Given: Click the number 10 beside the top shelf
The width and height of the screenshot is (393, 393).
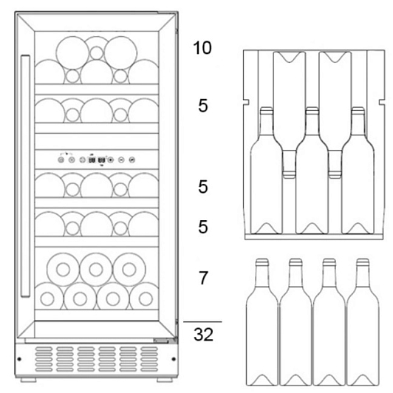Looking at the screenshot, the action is (x=202, y=47).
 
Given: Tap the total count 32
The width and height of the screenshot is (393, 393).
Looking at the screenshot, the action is (x=203, y=334).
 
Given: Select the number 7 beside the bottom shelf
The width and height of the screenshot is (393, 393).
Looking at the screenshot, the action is (x=203, y=278).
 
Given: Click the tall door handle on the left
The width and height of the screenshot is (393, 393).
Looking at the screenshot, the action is (x=25, y=176).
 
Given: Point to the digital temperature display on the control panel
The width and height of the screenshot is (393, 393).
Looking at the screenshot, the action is (x=97, y=160).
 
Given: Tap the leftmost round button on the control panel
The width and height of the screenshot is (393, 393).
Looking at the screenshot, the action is (x=61, y=160).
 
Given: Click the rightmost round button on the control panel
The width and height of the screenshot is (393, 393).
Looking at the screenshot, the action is (x=131, y=160).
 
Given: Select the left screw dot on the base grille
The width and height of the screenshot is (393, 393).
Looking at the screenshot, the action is (x=19, y=359).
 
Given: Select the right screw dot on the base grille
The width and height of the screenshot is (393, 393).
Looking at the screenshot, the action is (x=174, y=359).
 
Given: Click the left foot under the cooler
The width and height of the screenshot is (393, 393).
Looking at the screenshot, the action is (x=28, y=380).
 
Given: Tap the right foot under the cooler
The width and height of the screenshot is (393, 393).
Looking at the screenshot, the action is (x=165, y=380).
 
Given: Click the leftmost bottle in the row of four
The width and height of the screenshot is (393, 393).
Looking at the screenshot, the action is (x=262, y=322).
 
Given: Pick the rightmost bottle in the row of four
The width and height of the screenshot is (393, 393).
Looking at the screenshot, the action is (x=363, y=322).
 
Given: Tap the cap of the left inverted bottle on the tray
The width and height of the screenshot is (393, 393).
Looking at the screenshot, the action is (x=289, y=174).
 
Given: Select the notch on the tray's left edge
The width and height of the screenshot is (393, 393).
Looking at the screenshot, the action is (x=246, y=102).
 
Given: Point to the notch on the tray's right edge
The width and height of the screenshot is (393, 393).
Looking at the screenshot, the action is (x=381, y=102).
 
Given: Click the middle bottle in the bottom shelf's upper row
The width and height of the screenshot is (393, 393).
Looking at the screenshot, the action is (x=96, y=270).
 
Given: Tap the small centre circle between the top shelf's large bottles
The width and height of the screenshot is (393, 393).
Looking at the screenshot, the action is (x=97, y=53).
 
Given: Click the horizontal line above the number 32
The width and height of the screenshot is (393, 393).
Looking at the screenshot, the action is (x=202, y=321).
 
